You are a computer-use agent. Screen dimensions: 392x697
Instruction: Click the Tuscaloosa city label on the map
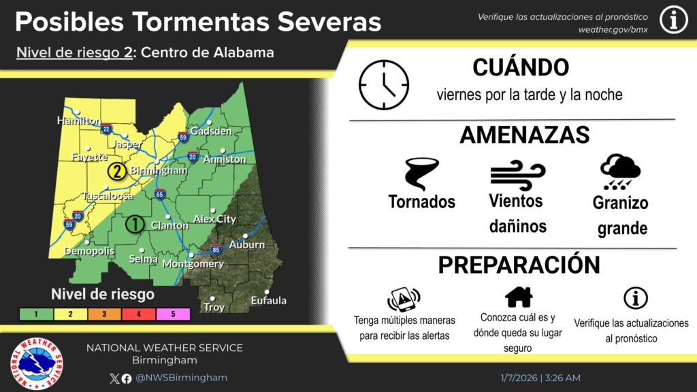coord(108,196)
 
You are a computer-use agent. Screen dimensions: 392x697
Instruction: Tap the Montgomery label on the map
coord(193,263)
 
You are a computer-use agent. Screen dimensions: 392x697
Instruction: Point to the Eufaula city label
coord(268,300)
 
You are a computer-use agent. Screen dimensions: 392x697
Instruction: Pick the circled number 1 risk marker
coord(135,223)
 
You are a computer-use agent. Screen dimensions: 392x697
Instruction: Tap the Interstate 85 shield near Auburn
coord(216,250)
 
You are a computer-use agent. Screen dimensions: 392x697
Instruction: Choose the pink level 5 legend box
coord(174,314)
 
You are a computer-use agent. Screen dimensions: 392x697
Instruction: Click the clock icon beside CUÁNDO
coord(384,85)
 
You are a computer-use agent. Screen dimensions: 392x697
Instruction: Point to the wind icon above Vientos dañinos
coord(517,174)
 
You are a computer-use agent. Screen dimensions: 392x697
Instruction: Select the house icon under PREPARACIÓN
coord(519,297)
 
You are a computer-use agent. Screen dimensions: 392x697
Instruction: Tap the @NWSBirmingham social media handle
coord(181,378)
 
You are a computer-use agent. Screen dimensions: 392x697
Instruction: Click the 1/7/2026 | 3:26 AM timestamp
coord(539,378)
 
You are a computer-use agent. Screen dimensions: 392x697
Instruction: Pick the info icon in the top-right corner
coord(673,21)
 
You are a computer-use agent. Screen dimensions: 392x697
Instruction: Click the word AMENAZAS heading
coord(524,135)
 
